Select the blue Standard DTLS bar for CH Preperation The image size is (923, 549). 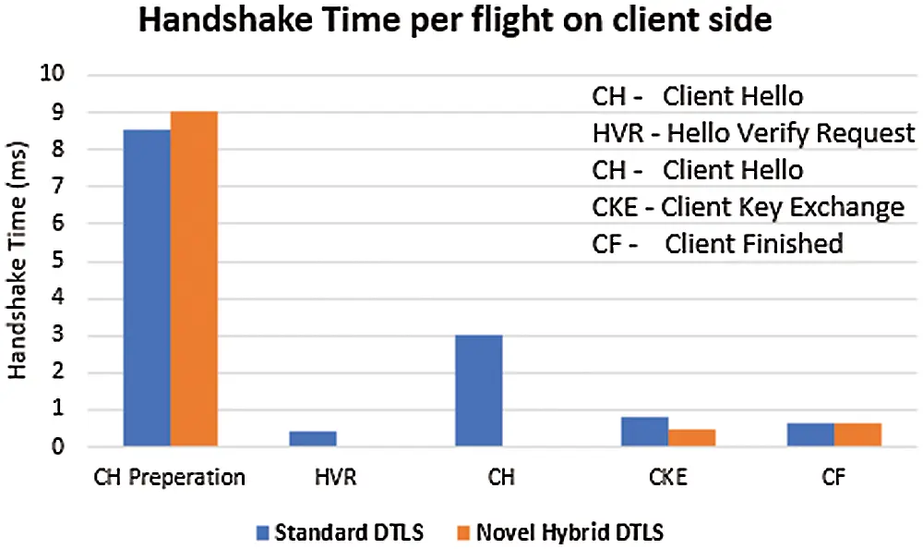[x=148, y=288]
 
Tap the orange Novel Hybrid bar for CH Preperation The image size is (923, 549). [x=194, y=279]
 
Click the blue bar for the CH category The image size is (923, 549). [x=479, y=391]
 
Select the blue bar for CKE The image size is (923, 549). [x=645, y=432]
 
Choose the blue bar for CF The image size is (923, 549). [x=811, y=435]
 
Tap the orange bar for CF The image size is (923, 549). [x=857, y=435]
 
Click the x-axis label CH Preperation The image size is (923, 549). [x=170, y=478]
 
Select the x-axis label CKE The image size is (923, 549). [x=668, y=478]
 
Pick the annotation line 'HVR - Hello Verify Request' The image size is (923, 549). [x=753, y=134]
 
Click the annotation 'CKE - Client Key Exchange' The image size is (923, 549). [x=748, y=207]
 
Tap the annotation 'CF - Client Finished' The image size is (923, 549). [x=717, y=244]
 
